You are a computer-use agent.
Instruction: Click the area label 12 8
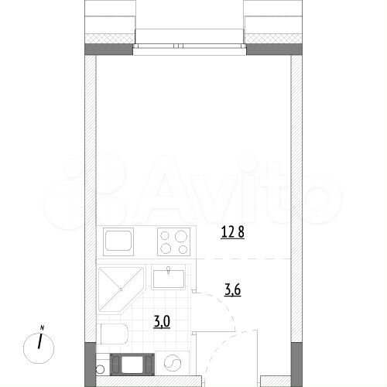click(x=232, y=230)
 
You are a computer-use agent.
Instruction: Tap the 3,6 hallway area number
click(x=232, y=291)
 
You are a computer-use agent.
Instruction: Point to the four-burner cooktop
click(x=173, y=241)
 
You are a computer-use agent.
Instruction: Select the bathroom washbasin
click(x=168, y=277)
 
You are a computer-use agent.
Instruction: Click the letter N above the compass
click(x=42, y=327)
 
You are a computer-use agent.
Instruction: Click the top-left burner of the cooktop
click(x=165, y=235)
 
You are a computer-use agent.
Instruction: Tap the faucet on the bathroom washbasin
click(x=168, y=270)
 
